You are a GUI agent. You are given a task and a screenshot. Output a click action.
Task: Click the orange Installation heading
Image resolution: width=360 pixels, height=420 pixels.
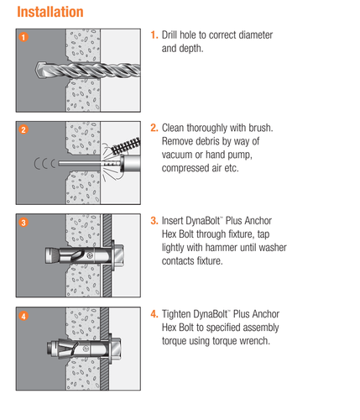click(50, 12)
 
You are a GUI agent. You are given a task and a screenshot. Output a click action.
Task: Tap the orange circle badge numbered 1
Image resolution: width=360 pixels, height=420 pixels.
click(23, 37)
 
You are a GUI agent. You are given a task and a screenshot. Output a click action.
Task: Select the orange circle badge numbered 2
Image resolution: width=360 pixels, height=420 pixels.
click(23, 129)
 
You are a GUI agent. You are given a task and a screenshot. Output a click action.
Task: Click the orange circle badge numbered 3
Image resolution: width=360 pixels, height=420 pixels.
click(23, 223)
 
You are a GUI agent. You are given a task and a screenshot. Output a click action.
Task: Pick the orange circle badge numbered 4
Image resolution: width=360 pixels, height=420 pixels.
click(23, 316)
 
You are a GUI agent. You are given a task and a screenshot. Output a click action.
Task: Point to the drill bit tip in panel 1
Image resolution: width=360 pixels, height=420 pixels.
click(36, 70)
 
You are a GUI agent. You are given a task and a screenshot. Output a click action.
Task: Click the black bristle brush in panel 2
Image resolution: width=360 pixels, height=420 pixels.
click(126, 146)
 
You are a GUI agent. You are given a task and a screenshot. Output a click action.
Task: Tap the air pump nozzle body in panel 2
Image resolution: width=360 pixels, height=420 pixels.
click(130, 164)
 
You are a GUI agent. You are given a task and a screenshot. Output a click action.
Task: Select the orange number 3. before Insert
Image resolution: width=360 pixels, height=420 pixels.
click(154, 221)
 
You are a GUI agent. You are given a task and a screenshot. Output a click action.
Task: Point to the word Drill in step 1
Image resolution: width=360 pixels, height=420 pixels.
click(170, 35)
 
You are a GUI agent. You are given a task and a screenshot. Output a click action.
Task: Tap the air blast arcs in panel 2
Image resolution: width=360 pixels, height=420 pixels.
click(44, 164)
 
